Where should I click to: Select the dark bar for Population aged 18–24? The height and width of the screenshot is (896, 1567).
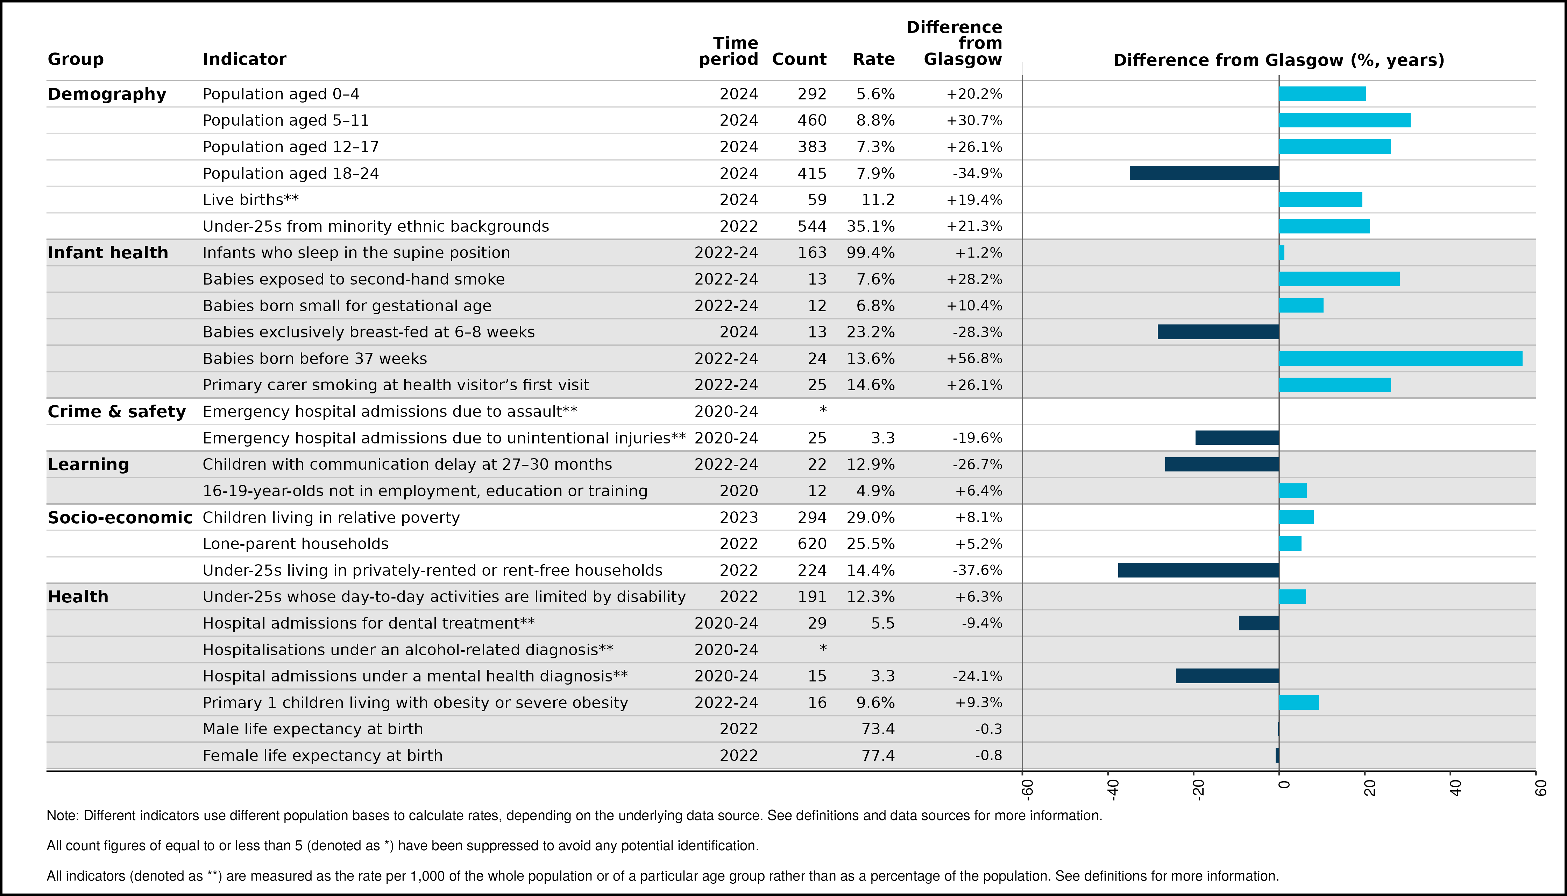pyautogui.click(x=1204, y=173)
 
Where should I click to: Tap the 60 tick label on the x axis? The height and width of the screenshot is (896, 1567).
pyautogui.click(x=1540, y=788)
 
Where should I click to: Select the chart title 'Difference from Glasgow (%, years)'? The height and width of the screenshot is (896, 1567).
pyautogui.click(x=1279, y=60)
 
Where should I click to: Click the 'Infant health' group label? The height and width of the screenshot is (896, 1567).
pyautogui.click(x=108, y=252)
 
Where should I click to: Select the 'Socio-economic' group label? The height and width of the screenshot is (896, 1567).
pyautogui.click(x=120, y=518)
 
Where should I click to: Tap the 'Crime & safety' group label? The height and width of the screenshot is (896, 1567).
pyautogui.click(x=117, y=411)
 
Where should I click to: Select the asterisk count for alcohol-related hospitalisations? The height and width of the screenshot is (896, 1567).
pyautogui.click(x=823, y=648)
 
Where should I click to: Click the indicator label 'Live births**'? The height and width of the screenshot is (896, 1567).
pyautogui.click(x=251, y=199)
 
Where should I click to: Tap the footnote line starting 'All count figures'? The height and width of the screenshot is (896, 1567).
pyautogui.click(x=403, y=846)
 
